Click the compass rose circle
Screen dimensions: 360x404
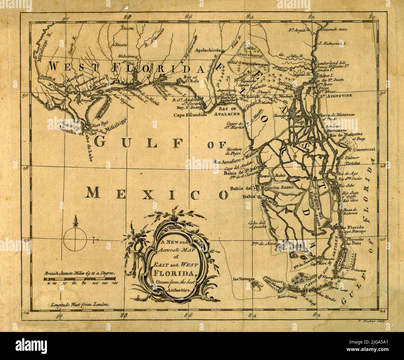click(75, 240)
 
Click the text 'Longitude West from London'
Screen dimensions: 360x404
click(80, 305)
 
